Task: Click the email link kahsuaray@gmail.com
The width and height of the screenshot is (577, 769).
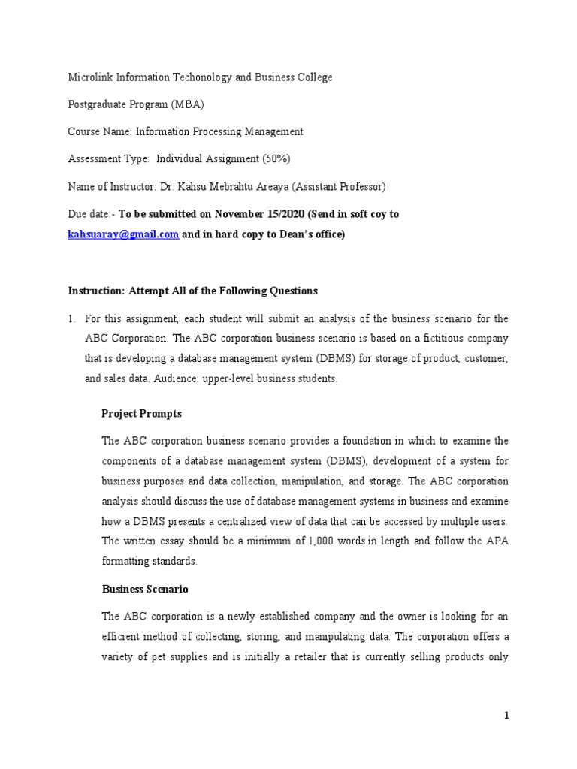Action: pyautogui.click(x=123, y=234)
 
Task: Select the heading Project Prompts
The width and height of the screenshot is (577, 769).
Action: pyautogui.click(x=141, y=414)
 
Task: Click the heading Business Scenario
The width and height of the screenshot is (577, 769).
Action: pyautogui.click(x=145, y=590)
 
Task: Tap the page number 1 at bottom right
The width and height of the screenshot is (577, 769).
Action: pyautogui.click(x=507, y=716)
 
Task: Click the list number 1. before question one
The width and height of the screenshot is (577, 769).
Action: pyautogui.click(x=72, y=319)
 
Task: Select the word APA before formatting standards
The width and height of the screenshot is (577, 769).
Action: pyautogui.click(x=498, y=541)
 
